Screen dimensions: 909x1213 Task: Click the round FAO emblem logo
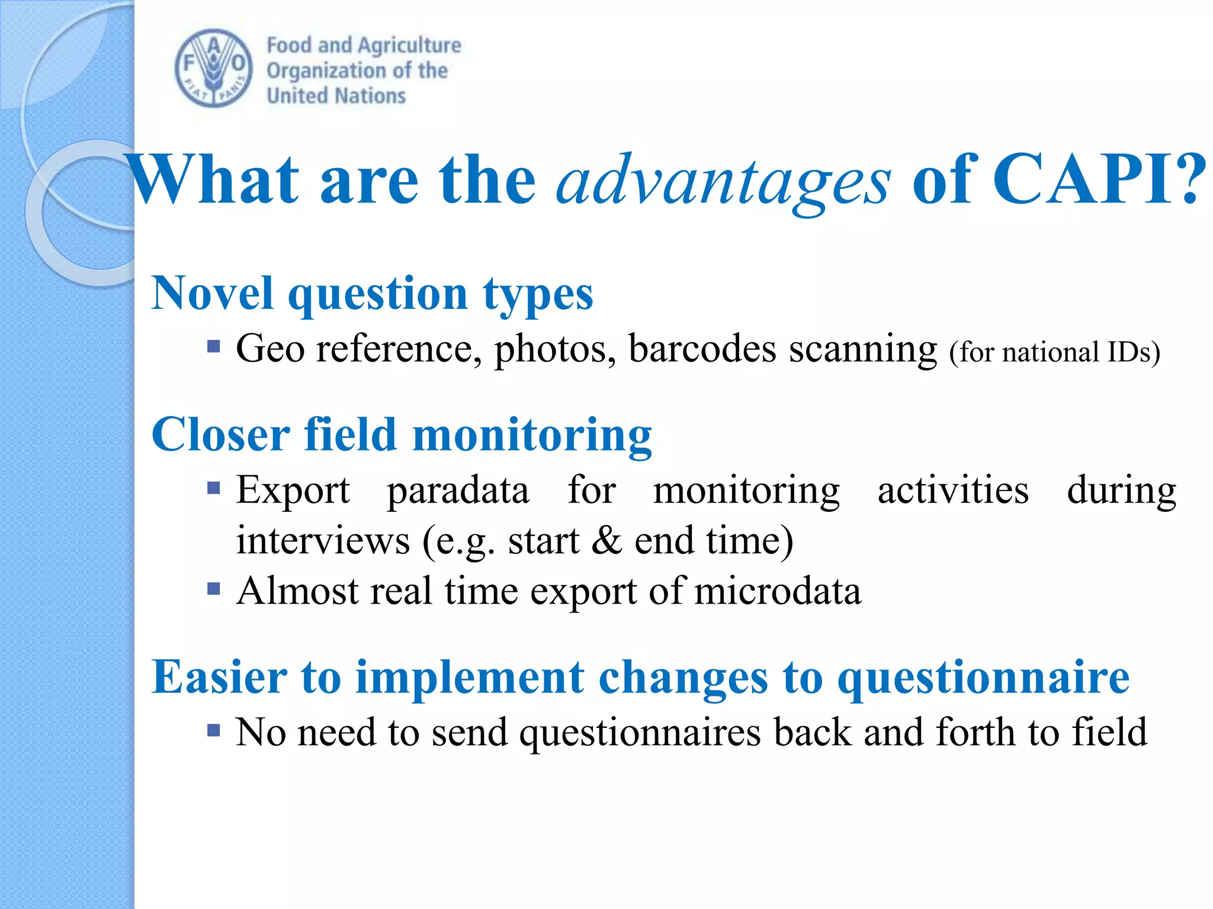coord(214,69)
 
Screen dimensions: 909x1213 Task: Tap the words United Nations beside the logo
coord(336,96)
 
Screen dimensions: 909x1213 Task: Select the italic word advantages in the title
coord(722,180)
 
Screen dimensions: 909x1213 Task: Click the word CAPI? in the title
coord(1099,179)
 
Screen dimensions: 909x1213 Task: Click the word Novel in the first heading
coord(212,293)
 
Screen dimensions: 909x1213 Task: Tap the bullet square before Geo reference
coord(214,346)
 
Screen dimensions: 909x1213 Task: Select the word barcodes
coord(701,349)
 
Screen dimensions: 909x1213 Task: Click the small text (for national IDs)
coord(1054,353)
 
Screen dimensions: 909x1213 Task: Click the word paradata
coord(458,491)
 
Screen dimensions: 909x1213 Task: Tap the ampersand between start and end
coord(606,541)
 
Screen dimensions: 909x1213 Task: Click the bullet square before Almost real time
coord(214,589)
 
